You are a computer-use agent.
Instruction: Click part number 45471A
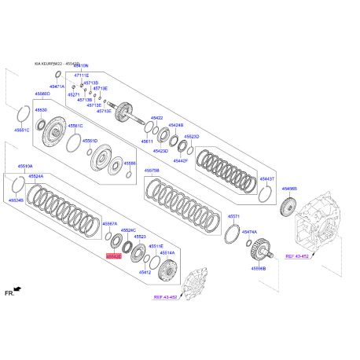(57, 86)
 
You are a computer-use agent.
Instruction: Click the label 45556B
(259, 268)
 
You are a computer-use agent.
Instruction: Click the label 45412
(145, 272)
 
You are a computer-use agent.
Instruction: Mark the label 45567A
(110, 223)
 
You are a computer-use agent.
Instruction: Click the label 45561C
(75, 125)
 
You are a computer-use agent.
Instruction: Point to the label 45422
(156, 117)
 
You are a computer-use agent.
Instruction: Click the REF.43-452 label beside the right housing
(299, 256)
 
